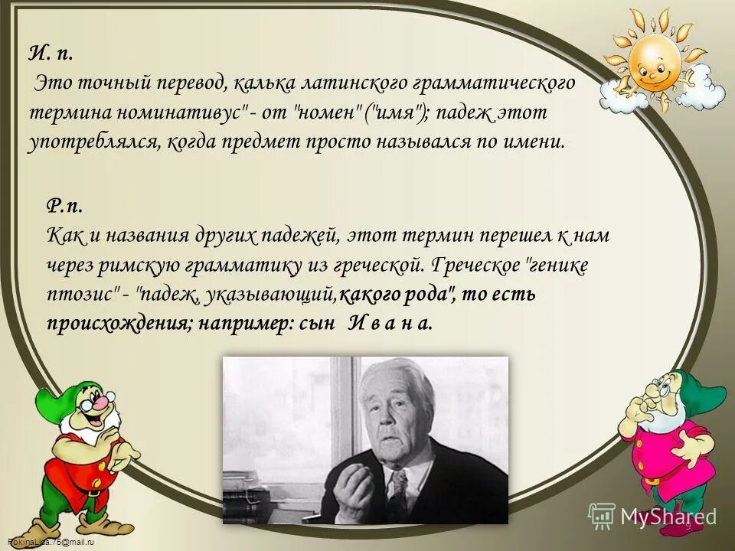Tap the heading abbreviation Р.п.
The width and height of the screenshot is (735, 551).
(64, 207)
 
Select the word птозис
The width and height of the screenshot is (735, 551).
(80, 294)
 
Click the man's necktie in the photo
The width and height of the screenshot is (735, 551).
(399, 494)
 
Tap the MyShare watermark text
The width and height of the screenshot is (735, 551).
(668, 517)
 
